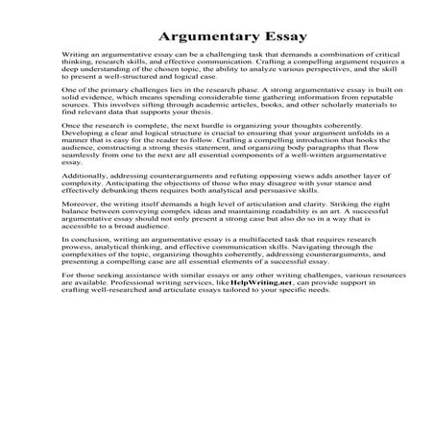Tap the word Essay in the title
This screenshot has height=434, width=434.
[274, 37]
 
